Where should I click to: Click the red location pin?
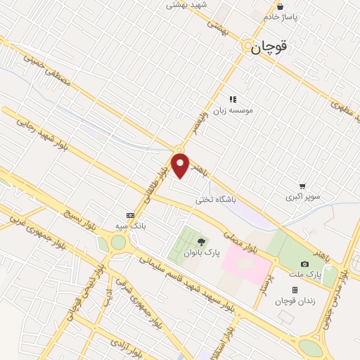coord(181,166)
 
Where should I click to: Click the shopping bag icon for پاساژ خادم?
coord(281,7)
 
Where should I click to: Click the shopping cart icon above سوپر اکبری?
coord(302,186)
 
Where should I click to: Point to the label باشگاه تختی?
coord(217,200)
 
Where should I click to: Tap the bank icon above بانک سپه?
coord(129,215)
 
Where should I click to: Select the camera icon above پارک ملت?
coord(304,264)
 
